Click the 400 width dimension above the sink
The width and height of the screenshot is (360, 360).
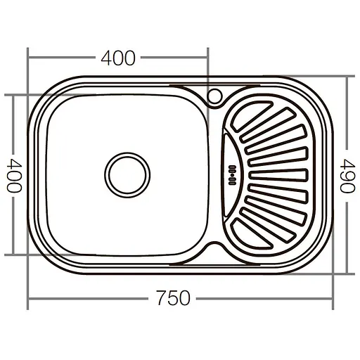[x=117, y=59]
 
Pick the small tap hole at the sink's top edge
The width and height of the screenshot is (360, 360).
[x=216, y=94]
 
